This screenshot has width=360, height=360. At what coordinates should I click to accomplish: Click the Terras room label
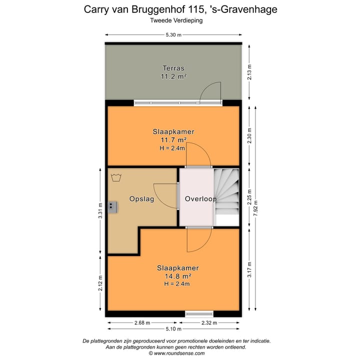tap(173, 68)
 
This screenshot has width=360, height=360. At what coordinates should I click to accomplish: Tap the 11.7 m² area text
tap(173, 140)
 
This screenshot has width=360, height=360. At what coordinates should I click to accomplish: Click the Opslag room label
tap(141, 198)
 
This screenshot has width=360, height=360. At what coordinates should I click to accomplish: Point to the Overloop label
tap(200, 198)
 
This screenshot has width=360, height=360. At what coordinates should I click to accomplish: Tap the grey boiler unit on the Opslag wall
tap(112, 205)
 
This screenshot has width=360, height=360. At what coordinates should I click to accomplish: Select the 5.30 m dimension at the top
tap(173, 34)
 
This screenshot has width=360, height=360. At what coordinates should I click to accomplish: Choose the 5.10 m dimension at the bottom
tap(173, 329)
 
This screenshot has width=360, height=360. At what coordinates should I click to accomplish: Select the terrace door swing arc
tap(210, 91)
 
